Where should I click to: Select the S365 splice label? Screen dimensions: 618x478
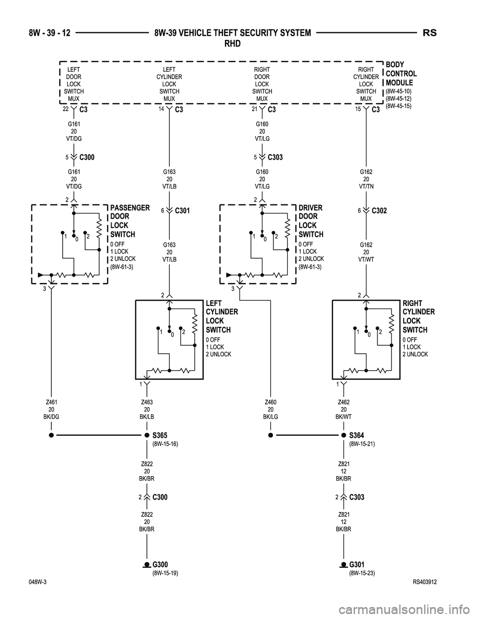click(x=160, y=435)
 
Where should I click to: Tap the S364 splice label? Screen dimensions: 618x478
click(x=357, y=435)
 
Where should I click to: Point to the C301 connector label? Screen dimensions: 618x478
click(x=183, y=211)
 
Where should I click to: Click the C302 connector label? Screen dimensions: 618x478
click(x=379, y=211)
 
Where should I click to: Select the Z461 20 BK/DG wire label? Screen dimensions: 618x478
click(x=51, y=409)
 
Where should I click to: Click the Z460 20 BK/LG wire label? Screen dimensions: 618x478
click(x=270, y=409)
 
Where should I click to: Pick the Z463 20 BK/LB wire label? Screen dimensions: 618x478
click(x=146, y=409)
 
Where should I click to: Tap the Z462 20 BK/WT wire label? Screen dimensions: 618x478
click(x=344, y=409)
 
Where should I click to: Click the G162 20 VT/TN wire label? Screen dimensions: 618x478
click(x=366, y=179)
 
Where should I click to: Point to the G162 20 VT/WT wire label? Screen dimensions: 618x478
click(x=366, y=252)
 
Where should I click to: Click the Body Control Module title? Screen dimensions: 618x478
click(x=401, y=74)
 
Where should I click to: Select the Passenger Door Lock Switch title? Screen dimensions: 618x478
click(x=129, y=221)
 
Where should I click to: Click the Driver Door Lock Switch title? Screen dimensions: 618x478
click(x=311, y=221)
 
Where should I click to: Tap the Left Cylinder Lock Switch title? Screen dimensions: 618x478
click(x=221, y=316)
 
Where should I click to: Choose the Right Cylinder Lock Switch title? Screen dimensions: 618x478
click(x=418, y=316)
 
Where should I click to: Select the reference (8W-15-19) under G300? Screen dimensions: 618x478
click(x=165, y=573)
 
